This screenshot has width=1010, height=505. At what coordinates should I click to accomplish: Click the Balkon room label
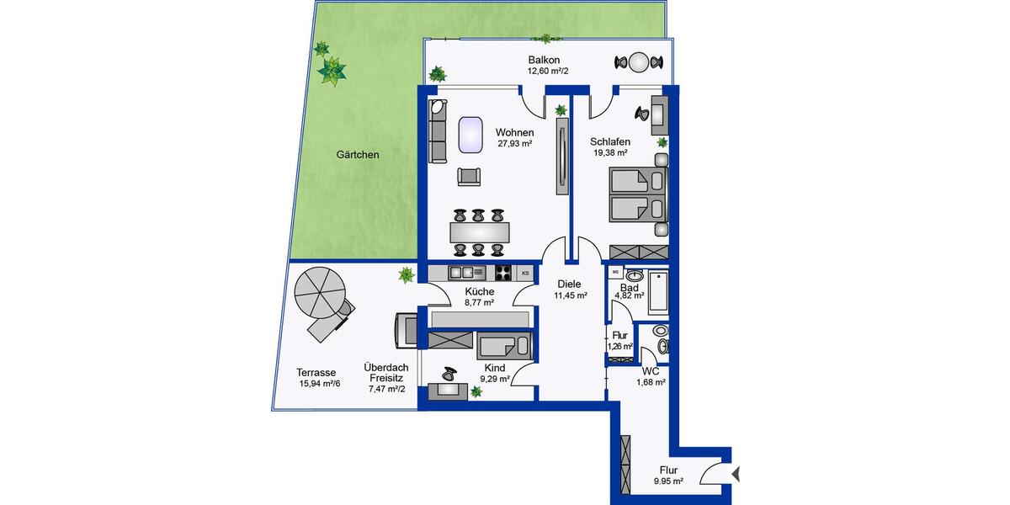click(545, 60)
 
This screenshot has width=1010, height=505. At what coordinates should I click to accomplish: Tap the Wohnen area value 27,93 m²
click(514, 144)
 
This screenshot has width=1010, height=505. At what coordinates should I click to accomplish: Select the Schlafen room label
click(610, 141)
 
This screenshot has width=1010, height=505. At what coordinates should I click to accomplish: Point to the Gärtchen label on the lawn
click(358, 155)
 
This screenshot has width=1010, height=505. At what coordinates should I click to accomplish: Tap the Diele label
click(569, 284)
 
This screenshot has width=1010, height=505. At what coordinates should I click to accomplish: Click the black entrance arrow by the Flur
click(737, 475)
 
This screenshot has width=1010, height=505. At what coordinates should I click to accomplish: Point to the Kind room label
click(495, 368)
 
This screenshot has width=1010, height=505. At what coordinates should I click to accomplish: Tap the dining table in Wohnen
click(479, 230)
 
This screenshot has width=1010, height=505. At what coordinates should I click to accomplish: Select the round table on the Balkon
click(641, 61)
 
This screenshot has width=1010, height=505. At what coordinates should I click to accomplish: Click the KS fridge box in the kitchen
click(526, 273)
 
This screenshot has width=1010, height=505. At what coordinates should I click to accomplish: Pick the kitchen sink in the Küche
click(467, 272)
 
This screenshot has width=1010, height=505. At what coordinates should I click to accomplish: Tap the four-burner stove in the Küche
click(503, 272)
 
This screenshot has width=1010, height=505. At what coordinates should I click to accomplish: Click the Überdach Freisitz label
click(385, 373)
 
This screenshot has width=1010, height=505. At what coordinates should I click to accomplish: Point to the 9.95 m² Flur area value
click(668, 482)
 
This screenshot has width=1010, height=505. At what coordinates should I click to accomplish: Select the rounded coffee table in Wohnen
click(470, 135)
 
